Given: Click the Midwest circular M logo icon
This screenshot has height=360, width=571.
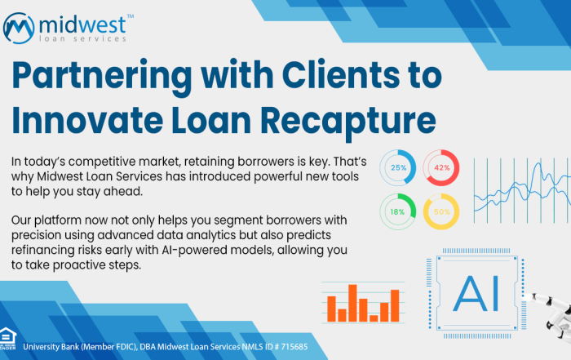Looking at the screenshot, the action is (x=19, y=28).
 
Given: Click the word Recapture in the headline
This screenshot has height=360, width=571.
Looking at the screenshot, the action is (x=348, y=121).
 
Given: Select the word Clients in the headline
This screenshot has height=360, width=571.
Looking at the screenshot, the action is (x=341, y=75).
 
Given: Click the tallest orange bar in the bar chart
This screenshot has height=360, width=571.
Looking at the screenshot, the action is (x=352, y=303).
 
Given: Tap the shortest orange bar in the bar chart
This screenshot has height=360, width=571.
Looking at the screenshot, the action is (x=374, y=318).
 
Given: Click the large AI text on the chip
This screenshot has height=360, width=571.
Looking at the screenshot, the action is (x=476, y=294).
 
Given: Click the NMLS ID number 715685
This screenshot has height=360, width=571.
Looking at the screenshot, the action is (x=294, y=346).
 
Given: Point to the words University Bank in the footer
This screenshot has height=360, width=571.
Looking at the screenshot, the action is (x=51, y=346).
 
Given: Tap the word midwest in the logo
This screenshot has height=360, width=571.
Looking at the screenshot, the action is (x=82, y=24).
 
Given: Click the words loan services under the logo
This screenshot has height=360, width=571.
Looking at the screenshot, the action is (x=82, y=38).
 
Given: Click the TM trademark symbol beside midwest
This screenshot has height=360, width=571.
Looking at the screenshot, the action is (x=131, y=16).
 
